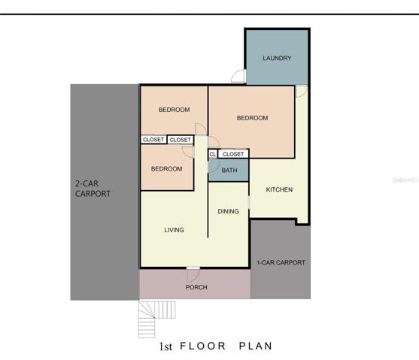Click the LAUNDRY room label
(277, 58)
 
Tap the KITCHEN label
(279, 189)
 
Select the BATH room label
(229, 170)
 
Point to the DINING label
(228, 211)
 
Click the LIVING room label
(174, 230)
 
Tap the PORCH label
(196, 287)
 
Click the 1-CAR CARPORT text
(281, 262)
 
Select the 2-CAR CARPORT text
(93, 189)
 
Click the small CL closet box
(213, 154)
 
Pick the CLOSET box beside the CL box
(233, 154)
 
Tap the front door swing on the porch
(193, 275)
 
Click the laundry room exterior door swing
(238, 76)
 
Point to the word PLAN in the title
(256, 346)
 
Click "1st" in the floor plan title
(165, 346)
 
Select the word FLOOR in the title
(203, 346)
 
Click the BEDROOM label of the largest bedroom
(252, 118)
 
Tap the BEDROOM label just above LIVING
(166, 169)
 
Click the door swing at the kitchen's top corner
(302, 92)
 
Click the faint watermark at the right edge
(405, 180)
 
